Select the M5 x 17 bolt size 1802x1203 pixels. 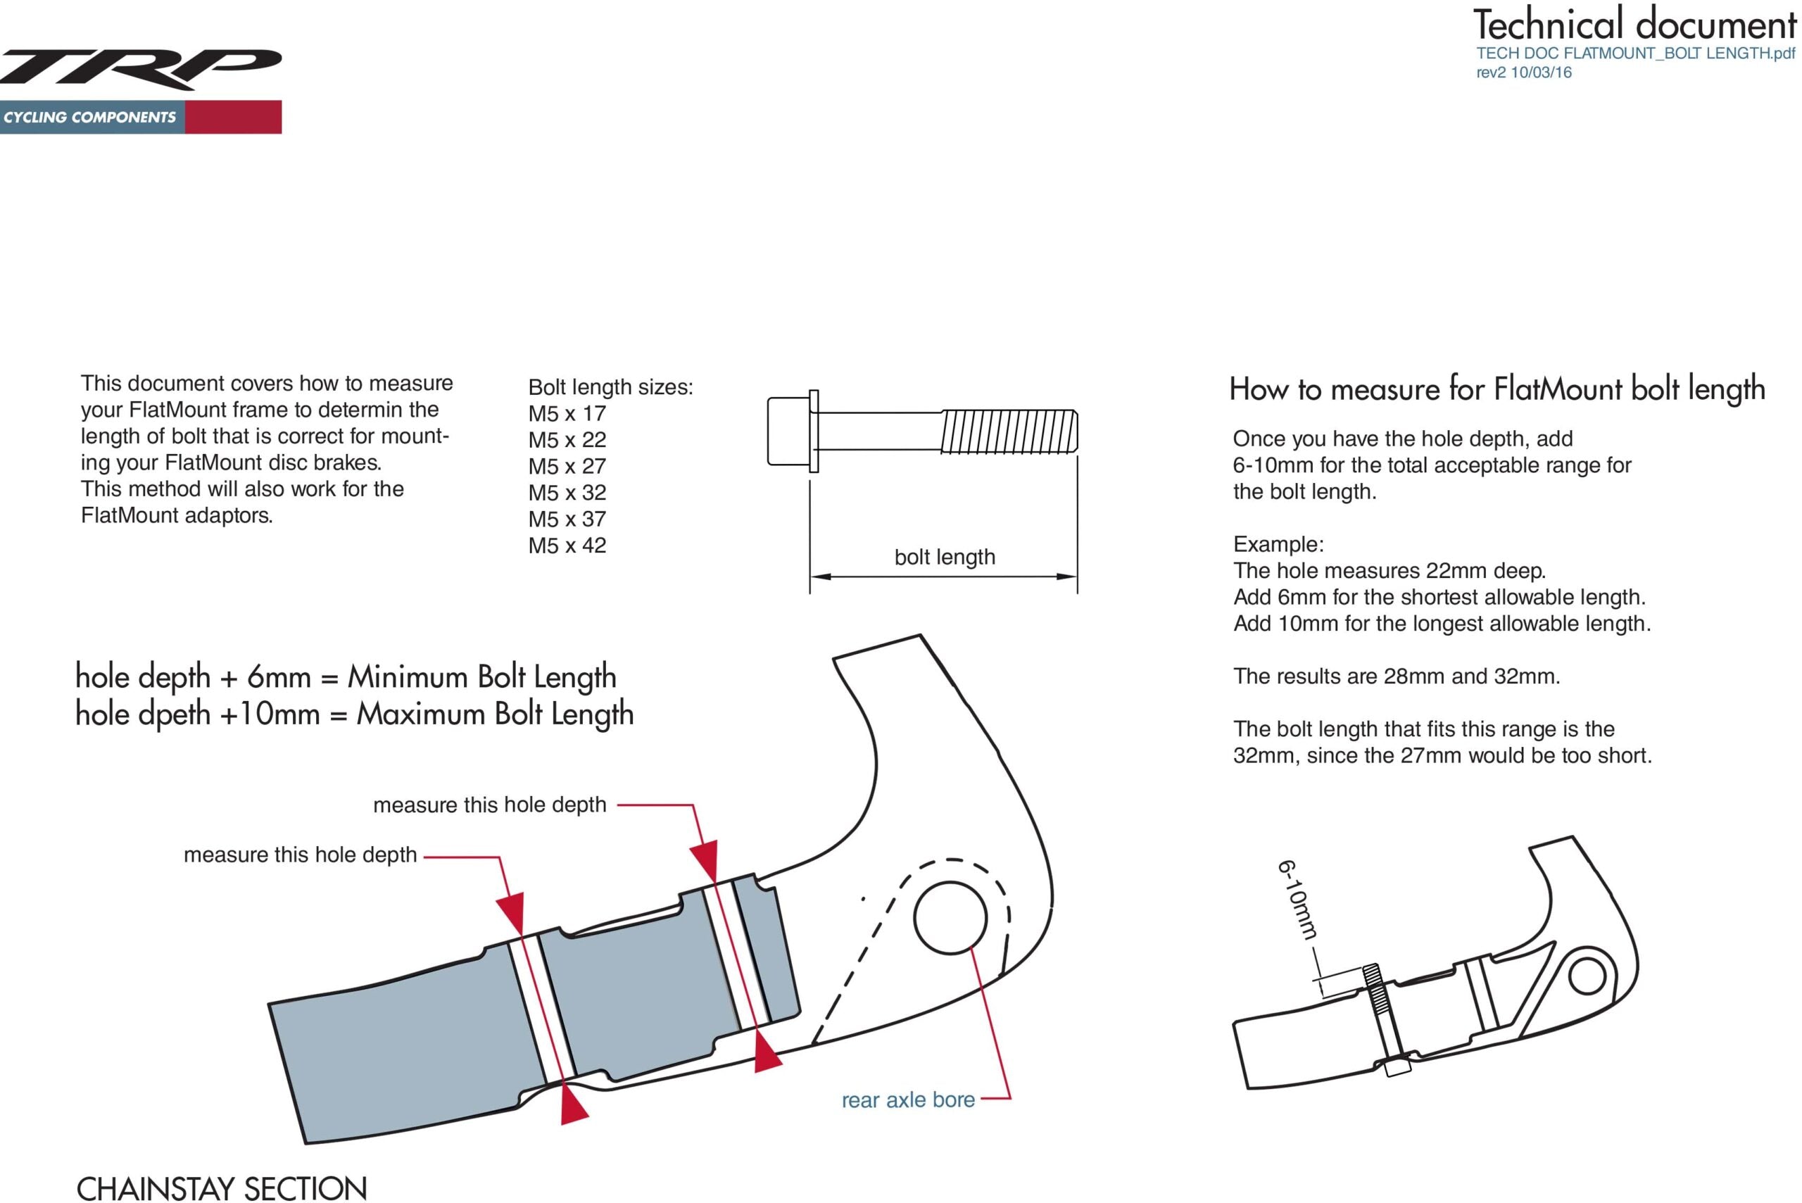[x=567, y=413]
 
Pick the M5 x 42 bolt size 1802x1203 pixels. [x=567, y=546]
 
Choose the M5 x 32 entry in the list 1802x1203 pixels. [x=567, y=493]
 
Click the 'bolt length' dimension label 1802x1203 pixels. [x=945, y=557]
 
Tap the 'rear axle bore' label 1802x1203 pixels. [x=907, y=1100]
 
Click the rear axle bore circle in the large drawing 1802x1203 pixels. [x=950, y=918]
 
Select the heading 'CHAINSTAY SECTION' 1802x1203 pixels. [x=222, y=1188]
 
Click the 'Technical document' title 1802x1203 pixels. [x=1634, y=25]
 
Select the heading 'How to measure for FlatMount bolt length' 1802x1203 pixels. [x=1497, y=389]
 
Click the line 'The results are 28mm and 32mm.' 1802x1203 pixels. [x=1396, y=676]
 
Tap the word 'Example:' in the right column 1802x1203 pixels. [x=1278, y=545]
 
